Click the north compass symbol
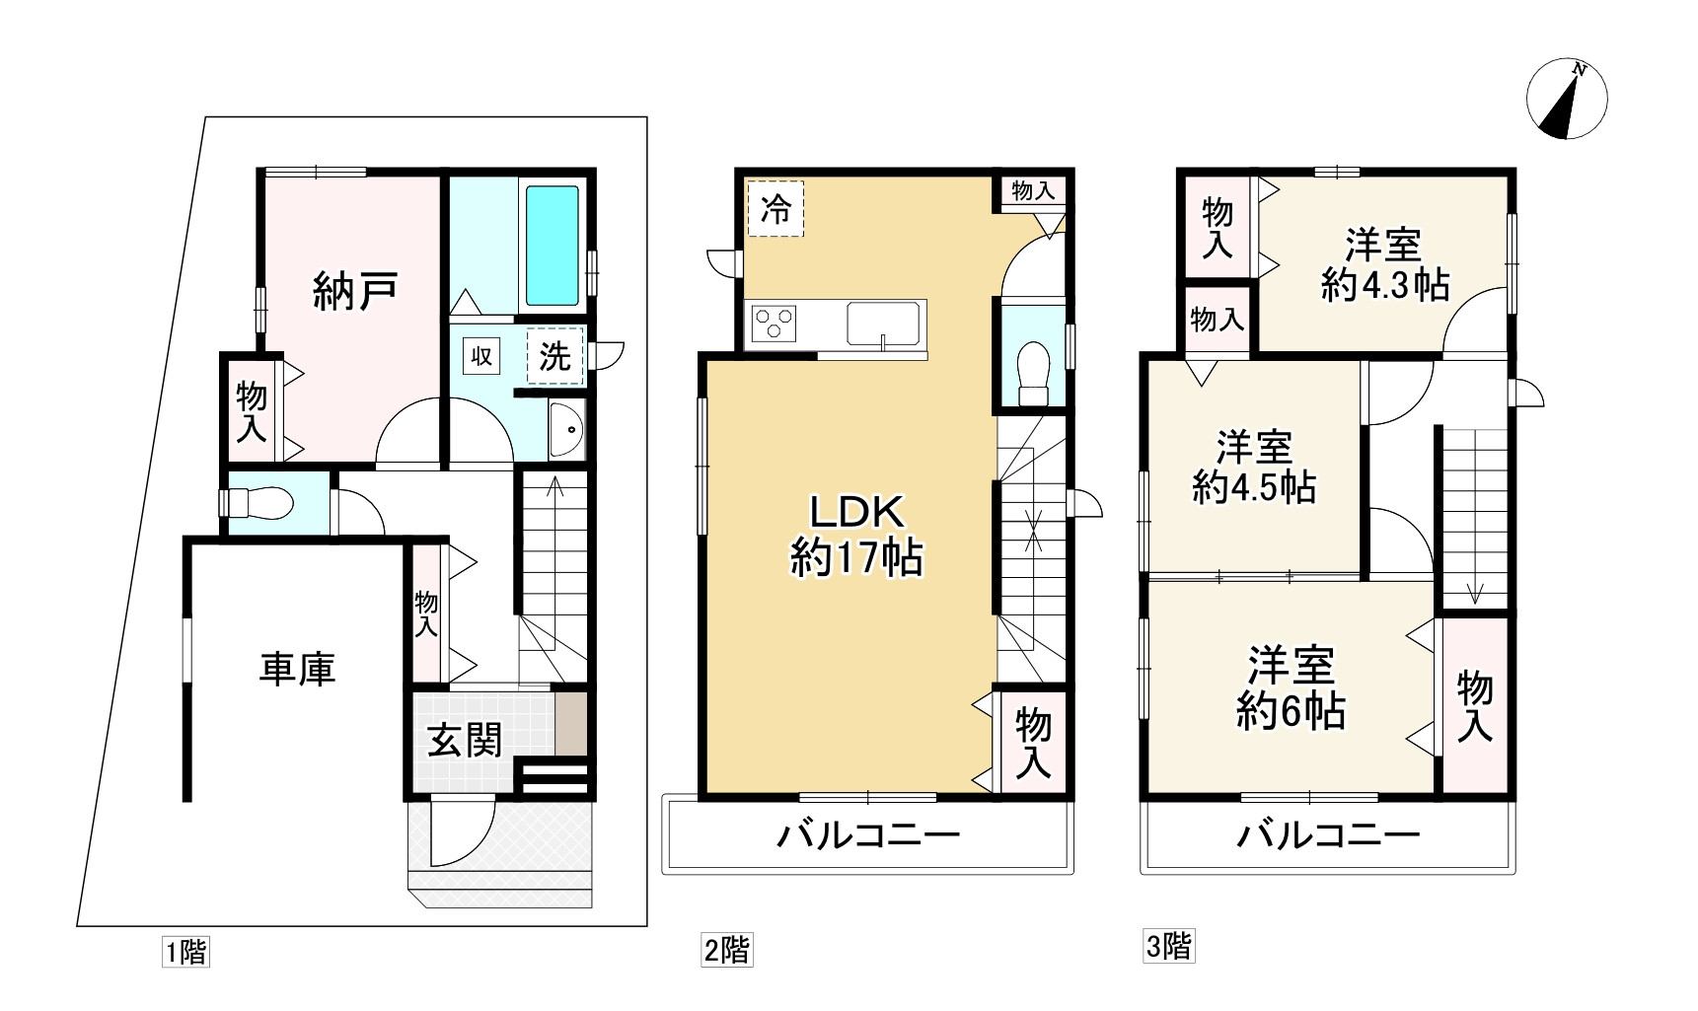click(x=1567, y=100)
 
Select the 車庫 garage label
click(x=297, y=669)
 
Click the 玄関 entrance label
click(x=464, y=739)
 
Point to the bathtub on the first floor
click(x=552, y=246)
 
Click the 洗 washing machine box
click(x=555, y=356)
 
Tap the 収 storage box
click(x=480, y=356)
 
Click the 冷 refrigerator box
click(x=775, y=209)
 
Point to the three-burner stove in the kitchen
click(x=775, y=323)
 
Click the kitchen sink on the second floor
click(x=883, y=323)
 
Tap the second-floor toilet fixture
click(x=1033, y=371)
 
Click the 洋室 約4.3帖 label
click(x=1384, y=264)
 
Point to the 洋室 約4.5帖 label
click(x=1254, y=467)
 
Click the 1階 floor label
click(x=185, y=953)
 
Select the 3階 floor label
click(x=1168, y=947)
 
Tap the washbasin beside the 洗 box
click(x=565, y=430)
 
